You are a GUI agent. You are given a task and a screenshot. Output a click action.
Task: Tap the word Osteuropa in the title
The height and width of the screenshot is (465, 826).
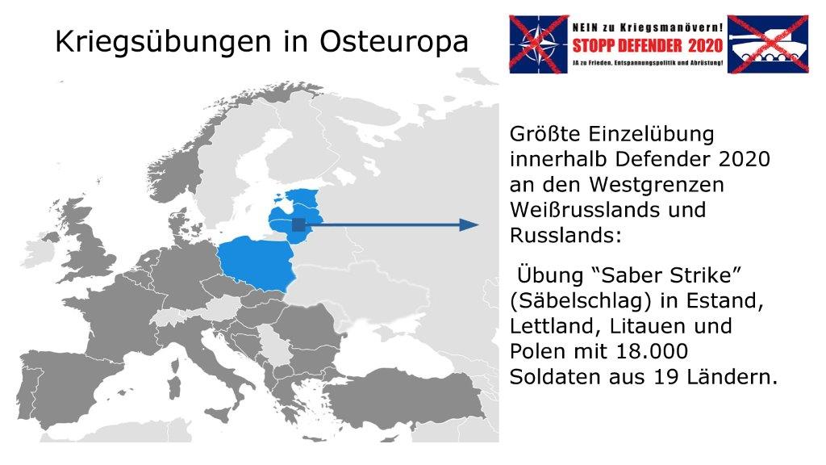(x=394, y=41)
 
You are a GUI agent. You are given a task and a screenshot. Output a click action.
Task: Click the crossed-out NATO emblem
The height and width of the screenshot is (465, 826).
(x=538, y=44)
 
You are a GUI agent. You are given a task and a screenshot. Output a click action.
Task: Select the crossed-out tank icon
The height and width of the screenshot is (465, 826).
(x=768, y=44)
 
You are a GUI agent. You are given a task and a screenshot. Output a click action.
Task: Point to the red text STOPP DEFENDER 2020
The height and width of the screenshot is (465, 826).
(x=648, y=45)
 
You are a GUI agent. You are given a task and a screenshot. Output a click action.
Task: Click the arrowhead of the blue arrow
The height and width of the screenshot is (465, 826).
(x=469, y=225)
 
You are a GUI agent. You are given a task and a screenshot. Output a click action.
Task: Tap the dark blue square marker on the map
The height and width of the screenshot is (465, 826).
(x=298, y=224)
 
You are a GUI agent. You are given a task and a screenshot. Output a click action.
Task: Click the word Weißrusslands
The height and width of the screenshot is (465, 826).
(x=586, y=210)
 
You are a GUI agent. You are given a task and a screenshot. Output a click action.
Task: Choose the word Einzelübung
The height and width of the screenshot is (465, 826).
(x=651, y=135)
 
